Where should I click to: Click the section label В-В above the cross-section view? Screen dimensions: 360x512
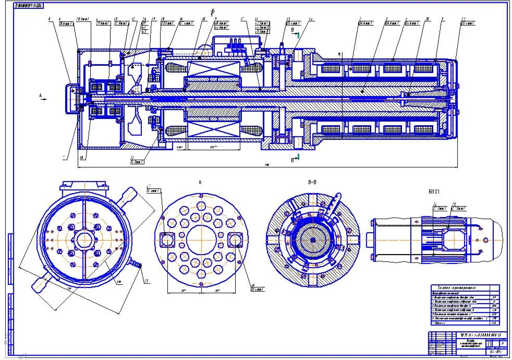(x=312, y=183)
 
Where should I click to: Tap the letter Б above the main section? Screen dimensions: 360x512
(x=213, y=11)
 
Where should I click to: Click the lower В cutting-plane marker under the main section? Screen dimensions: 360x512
(x=294, y=159)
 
